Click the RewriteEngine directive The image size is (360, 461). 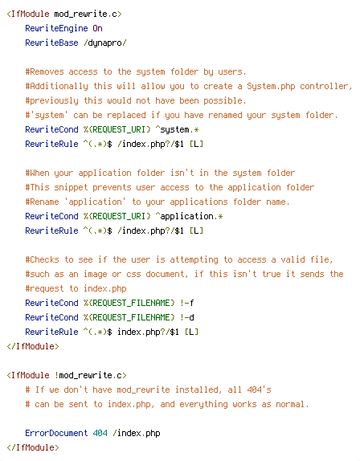pos(56,28)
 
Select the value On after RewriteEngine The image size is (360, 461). pos(98,28)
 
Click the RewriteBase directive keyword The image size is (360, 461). pos(51,43)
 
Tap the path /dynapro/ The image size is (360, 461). pos(105,43)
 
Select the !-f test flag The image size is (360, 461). pos(186,303)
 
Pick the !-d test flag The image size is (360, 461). pos(186,317)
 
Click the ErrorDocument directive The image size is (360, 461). pos(56,433)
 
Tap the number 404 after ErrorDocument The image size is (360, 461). pos(100,433)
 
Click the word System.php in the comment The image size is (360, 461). pos(271,86)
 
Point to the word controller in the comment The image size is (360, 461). pos(325,87)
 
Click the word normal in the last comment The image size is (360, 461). pos(291,404)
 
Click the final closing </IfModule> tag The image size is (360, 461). pos(33,447)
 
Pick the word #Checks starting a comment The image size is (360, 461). pos(42,259)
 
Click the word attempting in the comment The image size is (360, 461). pos(194,260)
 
